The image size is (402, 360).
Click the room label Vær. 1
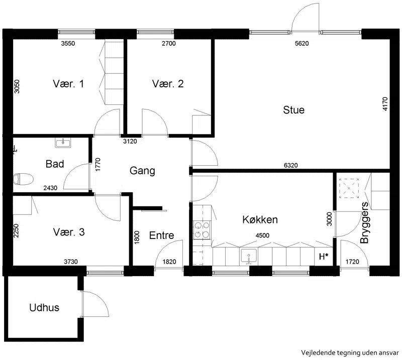pyautogui.click(x=68, y=84)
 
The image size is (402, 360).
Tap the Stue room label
pyautogui.click(x=294, y=110)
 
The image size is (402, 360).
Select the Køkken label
pyautogui.click(x=260, y=220)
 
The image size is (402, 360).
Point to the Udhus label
pyautogui.click(x=44, y=307)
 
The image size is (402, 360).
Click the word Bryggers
pyautogui.click(x=364, y=222)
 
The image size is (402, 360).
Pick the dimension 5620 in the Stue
pyautogui.click(x=302, y=43)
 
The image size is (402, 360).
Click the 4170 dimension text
pyautogui.click(x=385, y=104)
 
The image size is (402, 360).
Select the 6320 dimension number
pyautogui.click(x=291, y=165)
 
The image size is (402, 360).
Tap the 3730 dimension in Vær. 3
pyautogui.click(x=71, y=262)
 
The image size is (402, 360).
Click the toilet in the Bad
pyautogui.click(x=23, y=179)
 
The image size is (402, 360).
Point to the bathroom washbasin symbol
pyautogui.click(x=63, y=143)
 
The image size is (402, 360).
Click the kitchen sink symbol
pyautogui.click(x=248, y=257)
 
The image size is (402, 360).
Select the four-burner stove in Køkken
pyautogui.click(x=202, y=230)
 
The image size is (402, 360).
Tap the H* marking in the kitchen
pyautogui.click(x=324, y=257)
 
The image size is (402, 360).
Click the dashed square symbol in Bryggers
pyautogui.click(x=349, y=188)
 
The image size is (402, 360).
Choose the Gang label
pyautogui.click(x=142, y=171)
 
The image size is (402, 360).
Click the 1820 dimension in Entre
pyautogui.click(x=169, y=262)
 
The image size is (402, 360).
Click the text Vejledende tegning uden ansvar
pyautogui.click(x=350, y=353)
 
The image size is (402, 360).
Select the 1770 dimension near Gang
pyautogui.click(x=97, y=165)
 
